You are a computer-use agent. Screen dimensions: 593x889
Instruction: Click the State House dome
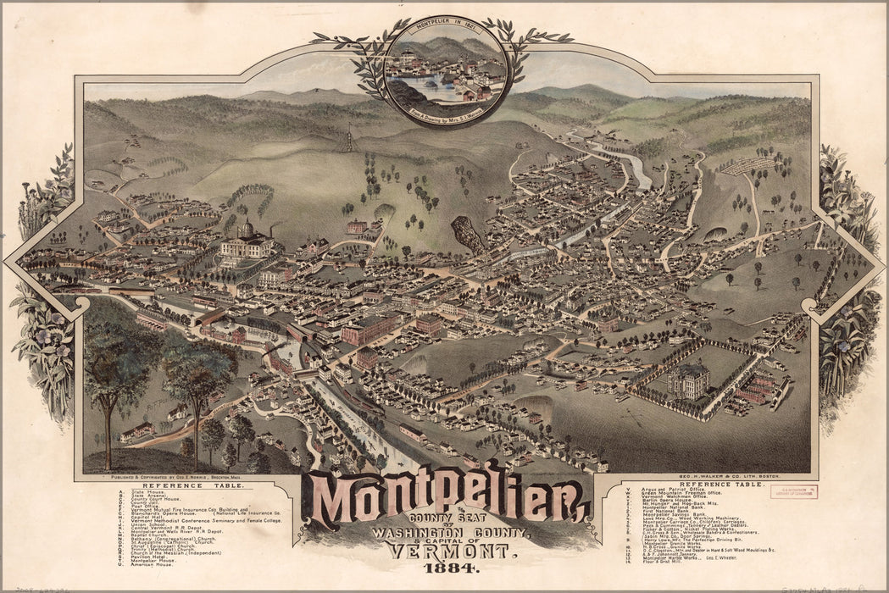click(x=246, y=229)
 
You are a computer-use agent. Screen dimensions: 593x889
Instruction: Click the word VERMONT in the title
click(x=448, y=551)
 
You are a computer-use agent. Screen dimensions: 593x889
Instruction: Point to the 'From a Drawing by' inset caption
click(x=446, y=110)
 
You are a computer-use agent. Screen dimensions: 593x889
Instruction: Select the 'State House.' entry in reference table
click(x=144, y=492)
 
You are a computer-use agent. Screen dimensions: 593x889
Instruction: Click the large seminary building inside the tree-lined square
click(x=688, y=381)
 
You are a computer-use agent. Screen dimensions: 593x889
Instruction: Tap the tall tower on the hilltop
click(x=348, y=138)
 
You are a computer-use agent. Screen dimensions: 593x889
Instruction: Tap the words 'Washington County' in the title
click(x=448, y=532)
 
